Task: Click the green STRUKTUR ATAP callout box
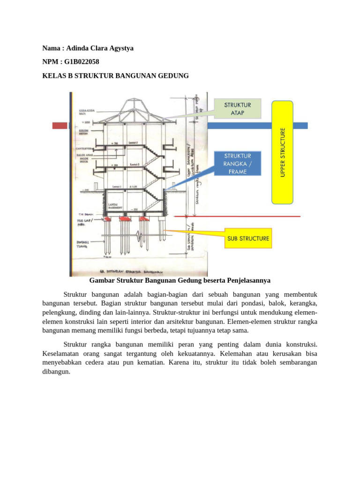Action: coord(237,108)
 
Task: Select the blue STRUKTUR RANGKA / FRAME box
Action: coord(238,163)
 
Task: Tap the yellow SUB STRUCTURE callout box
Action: coord(248,238)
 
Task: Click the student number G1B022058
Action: coord(82,61)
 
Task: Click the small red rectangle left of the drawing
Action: coord(60,126)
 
